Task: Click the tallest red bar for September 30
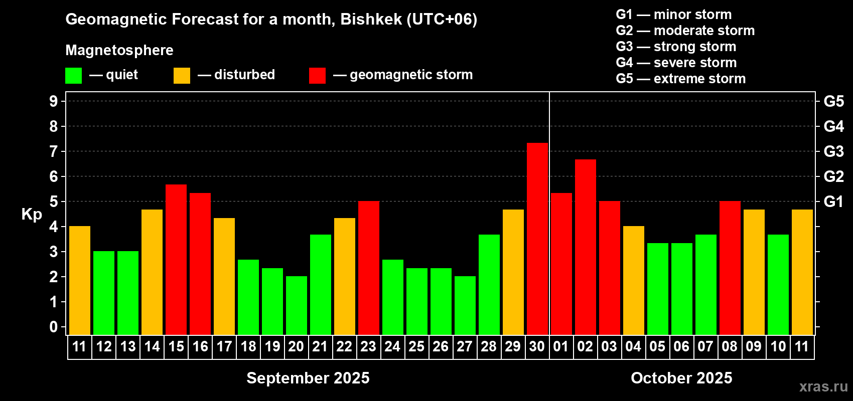point(537,239)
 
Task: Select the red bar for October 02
point(585,247)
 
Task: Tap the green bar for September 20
point(296,305)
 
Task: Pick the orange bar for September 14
point(152,272)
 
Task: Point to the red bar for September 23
point(369,268)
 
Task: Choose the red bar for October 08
point(730,268)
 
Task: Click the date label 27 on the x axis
point(465,346)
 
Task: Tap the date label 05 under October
point(657,346)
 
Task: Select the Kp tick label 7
point(54,151)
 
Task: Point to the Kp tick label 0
point(54,327)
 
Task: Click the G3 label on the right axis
point(834,151)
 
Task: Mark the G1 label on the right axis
point(834,202)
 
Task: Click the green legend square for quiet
point(73,75)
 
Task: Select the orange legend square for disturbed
point(182,75)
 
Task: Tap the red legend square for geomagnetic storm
point(317,75)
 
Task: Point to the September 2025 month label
point(308,378)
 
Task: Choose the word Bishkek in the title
point(371,20)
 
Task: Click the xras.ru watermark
point(823,386)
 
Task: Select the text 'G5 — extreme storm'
point(680,79)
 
